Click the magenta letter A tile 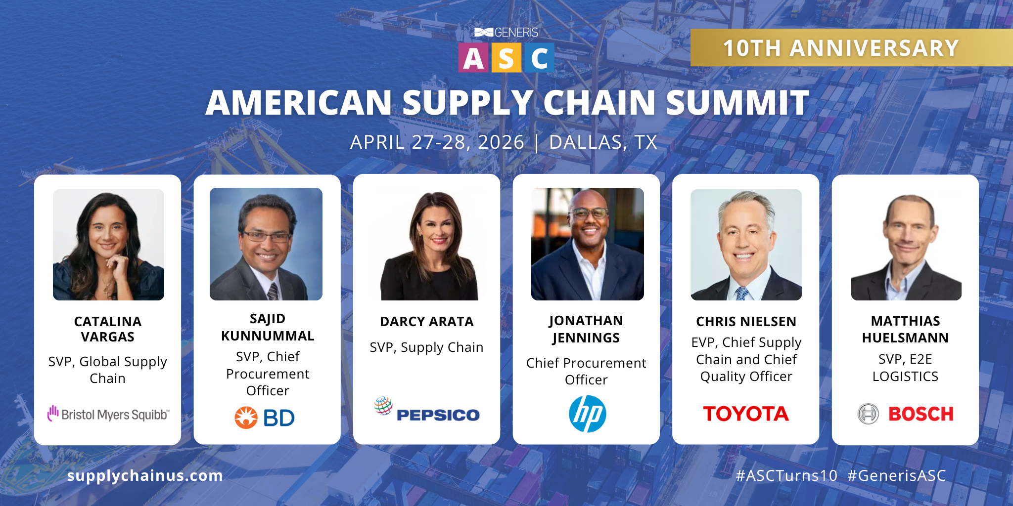coord(473,58)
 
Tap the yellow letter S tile coord(506,58)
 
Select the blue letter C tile coord(539,58)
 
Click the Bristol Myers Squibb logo coord(108,414)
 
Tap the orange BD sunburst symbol coord(246,418)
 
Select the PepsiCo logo coord(427,410)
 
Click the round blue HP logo coord(587,414)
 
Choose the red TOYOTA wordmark coord(746,414)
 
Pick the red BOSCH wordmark coord(921,414)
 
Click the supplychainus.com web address coord(145,475)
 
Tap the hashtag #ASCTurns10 coord(786,475)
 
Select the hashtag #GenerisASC coord(897,475)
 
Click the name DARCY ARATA coord(427,322)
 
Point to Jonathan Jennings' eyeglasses coord(589,213)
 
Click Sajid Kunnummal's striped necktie coord(273,292)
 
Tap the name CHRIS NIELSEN coord(746,322)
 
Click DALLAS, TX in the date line coord(603,142)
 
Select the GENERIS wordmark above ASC coord(516,33)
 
